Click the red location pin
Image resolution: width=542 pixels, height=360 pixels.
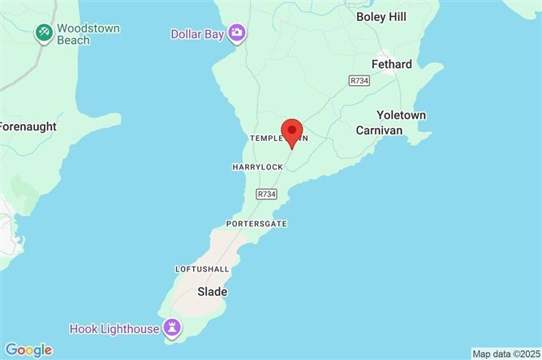pos(291,132)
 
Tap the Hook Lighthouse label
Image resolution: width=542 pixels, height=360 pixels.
pos(115,328)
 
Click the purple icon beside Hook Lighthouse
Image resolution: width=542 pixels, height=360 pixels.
pos(172,328)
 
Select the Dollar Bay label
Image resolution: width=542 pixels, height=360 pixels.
pos(198,33)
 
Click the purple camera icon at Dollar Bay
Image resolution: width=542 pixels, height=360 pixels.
pos(237,32)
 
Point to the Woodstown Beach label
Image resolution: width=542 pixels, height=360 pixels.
pos(88,35)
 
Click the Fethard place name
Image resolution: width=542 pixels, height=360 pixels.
pos(391,64)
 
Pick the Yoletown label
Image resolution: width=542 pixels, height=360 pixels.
pos(402,115)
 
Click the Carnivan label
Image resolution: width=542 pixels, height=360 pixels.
pos(379,130)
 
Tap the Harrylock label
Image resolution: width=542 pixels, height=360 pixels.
pos(257,167)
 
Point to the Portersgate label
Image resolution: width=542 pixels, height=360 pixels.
pos(257,223)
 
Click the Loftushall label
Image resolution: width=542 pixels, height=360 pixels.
pos(202,268)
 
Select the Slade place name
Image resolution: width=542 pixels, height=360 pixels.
pos(213,291)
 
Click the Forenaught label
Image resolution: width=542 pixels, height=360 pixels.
pos(27,126)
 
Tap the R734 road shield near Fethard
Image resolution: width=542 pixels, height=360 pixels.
pos(358,80)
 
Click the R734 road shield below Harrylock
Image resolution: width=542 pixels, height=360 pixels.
pos(266,194)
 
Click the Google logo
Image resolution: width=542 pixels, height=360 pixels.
pos(28,349)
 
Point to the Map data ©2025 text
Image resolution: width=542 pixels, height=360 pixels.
pos(505,354)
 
